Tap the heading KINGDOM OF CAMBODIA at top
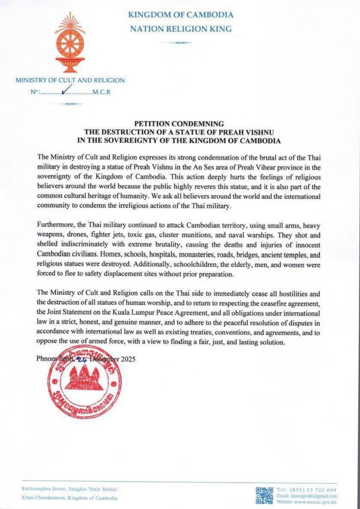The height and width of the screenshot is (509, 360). [x=180, y=15]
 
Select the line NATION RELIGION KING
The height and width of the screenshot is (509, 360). [x=180, y=29]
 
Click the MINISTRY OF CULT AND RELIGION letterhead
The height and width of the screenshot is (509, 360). [x=70, y=80]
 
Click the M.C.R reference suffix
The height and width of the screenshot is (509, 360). [x=103, y=92]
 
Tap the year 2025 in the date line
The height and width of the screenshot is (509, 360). [x=126, y=358]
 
